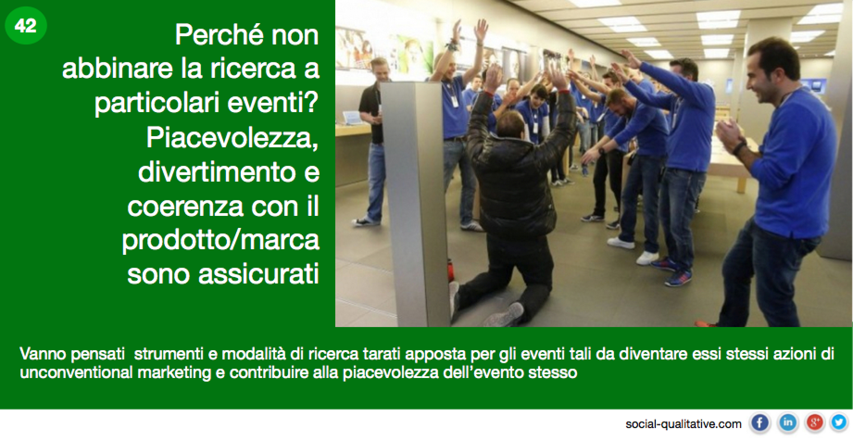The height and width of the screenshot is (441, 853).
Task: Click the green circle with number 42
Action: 26,25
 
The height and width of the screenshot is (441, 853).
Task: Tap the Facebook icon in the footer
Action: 759,422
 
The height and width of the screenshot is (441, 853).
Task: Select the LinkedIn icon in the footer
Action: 788,422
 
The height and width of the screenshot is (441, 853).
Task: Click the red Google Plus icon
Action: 815,422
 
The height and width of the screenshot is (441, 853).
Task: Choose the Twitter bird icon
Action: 839,422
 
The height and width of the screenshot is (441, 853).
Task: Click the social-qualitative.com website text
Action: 684,424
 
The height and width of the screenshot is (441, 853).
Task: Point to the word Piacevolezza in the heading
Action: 233,139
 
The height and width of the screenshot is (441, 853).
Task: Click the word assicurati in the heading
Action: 259,274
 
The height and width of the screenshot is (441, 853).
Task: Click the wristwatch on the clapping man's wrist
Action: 740,148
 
